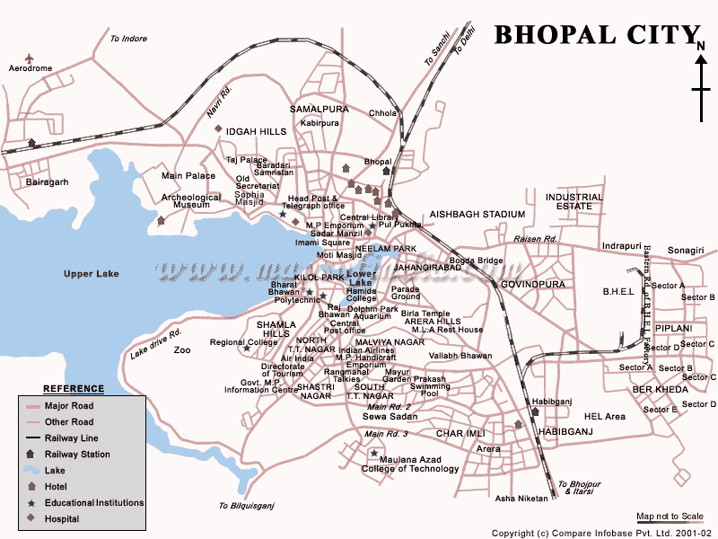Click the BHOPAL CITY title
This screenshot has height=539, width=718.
click(x=592, y=34)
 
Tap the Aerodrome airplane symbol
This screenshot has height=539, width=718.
click(x=29, y=58)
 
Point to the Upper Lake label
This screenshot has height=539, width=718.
click(x=92, y=273)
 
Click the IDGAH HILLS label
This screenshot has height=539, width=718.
click(x=256, y=131)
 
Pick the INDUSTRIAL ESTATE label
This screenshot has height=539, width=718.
click(x=574, y=201)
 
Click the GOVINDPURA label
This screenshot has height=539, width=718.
click(x=530, y=283)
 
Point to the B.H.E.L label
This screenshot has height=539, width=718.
click(x=617, y=291)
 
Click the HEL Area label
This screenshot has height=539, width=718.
click(x=604, y=416)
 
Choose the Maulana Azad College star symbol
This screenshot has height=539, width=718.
click(x=374, y=454)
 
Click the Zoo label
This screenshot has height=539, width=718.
click(x=182, y=349)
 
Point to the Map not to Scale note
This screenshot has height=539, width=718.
click(x=670, y=516)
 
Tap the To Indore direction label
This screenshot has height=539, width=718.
click(x=127, y=39)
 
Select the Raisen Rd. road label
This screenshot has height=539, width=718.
click(x=536, y=239)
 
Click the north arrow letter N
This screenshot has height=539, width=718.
click(x=699, y=44)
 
